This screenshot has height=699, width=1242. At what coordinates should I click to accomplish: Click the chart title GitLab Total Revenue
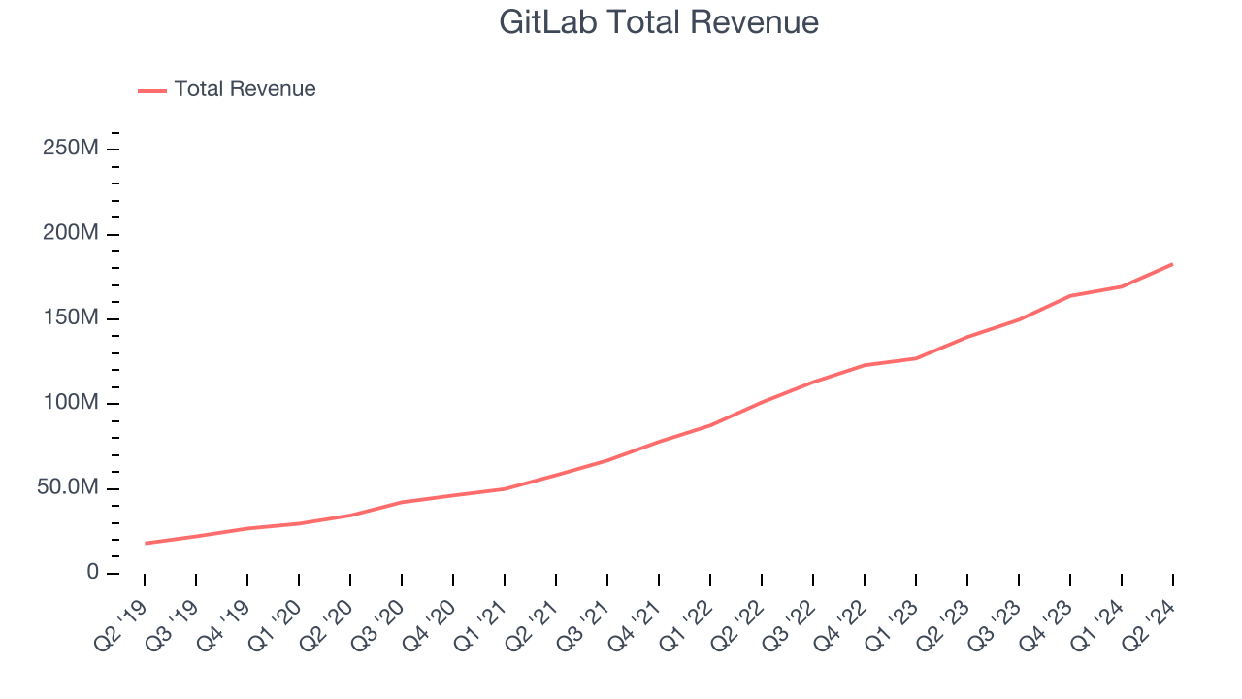pos(659,22)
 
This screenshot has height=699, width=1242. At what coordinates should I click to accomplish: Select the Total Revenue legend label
pos(245,89)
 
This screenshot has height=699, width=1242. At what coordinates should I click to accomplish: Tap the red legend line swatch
pos(152,90)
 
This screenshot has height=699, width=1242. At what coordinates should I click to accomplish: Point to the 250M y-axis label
pos(70,149)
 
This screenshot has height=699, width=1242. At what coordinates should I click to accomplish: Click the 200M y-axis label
pos(70,234)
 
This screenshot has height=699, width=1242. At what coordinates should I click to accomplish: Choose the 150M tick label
pos(70,318)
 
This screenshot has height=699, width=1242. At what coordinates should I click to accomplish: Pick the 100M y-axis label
pos(70,403)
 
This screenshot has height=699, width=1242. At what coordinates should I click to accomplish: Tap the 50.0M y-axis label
pos(67,487)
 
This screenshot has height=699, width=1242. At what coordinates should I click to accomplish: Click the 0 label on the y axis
pos(92,573)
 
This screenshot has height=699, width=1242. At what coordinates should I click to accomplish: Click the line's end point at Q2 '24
pos(1172,264)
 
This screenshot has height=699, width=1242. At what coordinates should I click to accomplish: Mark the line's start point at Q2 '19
pos(145,543)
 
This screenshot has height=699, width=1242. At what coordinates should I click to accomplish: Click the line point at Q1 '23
pos(916,358)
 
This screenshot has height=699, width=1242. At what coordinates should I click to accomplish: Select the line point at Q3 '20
pos(402,502)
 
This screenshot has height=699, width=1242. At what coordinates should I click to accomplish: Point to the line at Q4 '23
pos(1070,296)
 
